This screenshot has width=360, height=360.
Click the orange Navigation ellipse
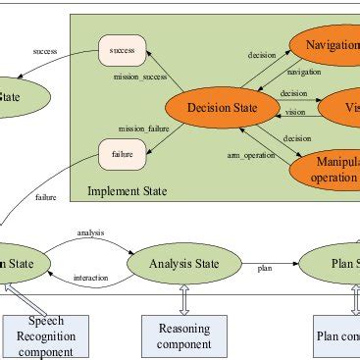(x=330, y=45)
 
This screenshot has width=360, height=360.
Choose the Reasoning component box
(x=184, y=335)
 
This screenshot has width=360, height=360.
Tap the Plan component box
(x=339, y=335)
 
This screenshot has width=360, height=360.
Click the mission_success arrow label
(x=139, y=75)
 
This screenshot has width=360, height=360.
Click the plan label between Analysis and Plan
(x=264, y=267)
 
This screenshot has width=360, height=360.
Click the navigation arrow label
(x=302, y=72)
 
